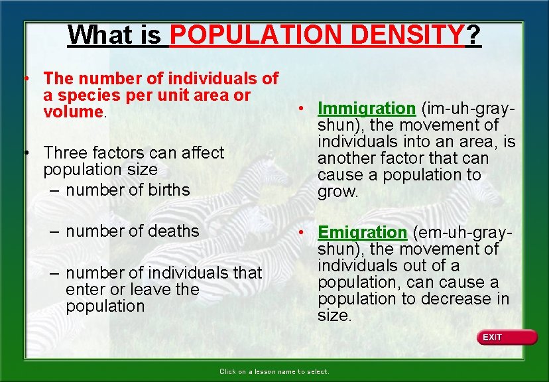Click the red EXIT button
click(507, 338)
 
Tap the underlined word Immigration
click(366, 108)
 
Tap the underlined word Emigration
click(362, 232)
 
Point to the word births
click(167, 190)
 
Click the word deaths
click(176, 231)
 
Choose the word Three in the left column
click(66, 153)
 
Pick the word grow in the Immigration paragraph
click(337, 192)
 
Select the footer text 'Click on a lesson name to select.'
click(274, 371)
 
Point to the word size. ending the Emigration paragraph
click(334, 316)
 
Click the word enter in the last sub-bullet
click(86, 289)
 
